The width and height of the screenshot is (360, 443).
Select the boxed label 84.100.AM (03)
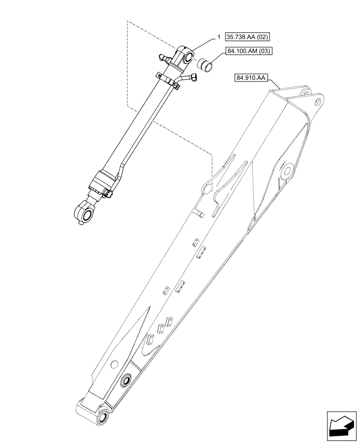click(x=250, y=51)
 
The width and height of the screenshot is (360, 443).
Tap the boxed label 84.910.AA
click(x=250, y=78)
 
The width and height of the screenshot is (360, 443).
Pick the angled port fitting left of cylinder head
click(x=162, y=57)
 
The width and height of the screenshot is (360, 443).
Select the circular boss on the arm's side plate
click(x=286, y=170)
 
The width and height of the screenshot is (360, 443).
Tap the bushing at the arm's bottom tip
click(x=103, y=415)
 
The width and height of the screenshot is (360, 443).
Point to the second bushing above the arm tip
click(x=126, y=380)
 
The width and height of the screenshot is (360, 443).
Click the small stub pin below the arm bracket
click(x=200, y=214)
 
